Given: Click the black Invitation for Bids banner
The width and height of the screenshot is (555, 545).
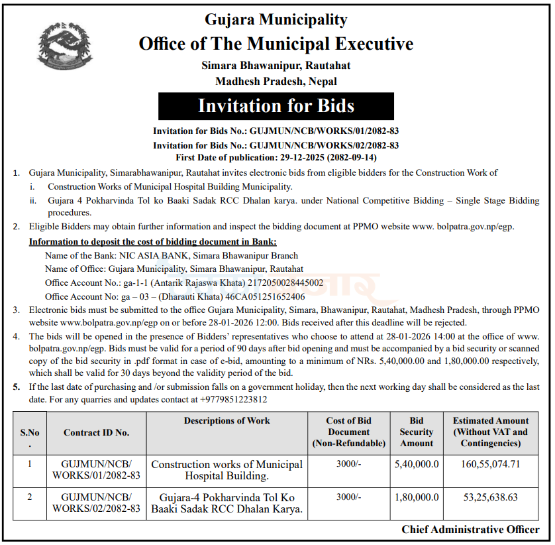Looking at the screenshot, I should tap(276, 106).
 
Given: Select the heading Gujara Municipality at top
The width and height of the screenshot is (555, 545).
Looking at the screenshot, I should tap(276, 20).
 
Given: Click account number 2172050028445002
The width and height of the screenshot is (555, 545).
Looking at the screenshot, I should tap(285, 282).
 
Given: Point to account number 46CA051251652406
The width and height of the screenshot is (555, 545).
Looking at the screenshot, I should tap(266, 296).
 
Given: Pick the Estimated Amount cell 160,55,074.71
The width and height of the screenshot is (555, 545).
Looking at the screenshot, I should tap(491, 464).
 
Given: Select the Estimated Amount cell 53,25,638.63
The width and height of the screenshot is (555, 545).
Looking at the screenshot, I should tap(491, 497).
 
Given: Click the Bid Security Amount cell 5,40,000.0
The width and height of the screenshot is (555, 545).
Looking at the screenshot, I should tap(417, 464).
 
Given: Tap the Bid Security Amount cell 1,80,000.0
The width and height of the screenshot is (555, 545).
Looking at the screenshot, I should tap(417, 497).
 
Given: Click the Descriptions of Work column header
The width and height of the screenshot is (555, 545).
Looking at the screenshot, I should tap(227, 420).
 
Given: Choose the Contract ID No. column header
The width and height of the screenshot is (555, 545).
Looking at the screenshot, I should tap(97, 432).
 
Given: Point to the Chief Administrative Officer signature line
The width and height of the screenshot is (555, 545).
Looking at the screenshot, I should tap(470, 529).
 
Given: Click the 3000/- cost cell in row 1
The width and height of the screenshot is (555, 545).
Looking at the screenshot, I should tap(348, 464).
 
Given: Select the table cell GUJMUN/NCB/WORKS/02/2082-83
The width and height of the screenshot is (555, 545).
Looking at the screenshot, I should tap(97, 503).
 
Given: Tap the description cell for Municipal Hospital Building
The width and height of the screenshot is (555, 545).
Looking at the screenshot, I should tap(227, 469).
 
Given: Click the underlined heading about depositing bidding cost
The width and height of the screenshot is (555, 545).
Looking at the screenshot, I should tap(153, 241).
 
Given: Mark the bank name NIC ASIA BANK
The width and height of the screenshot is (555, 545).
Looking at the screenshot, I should tap(144, 255).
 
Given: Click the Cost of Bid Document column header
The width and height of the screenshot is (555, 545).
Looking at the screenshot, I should tap(348, 432).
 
